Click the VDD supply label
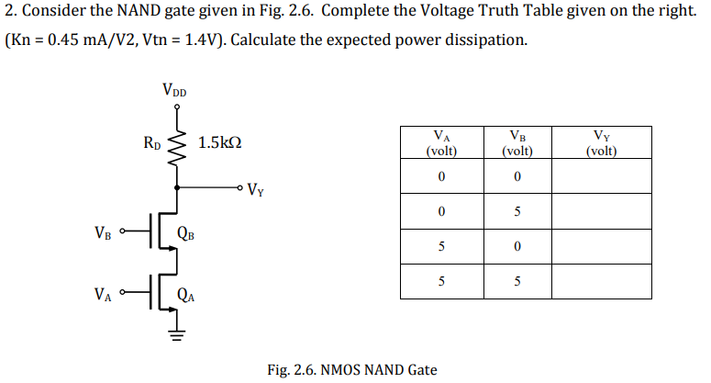click(173, 90)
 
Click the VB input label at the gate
click(104, 231)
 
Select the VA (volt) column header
click(441, 143)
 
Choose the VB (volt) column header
click(517, 143)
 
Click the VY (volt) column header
click(601, 143)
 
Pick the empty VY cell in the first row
click(601, 176)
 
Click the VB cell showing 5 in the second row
click(517, 212)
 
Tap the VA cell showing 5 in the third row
click(441, 247)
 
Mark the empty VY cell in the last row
click(601, 282)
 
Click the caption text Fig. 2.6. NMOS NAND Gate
click(352, 370)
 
